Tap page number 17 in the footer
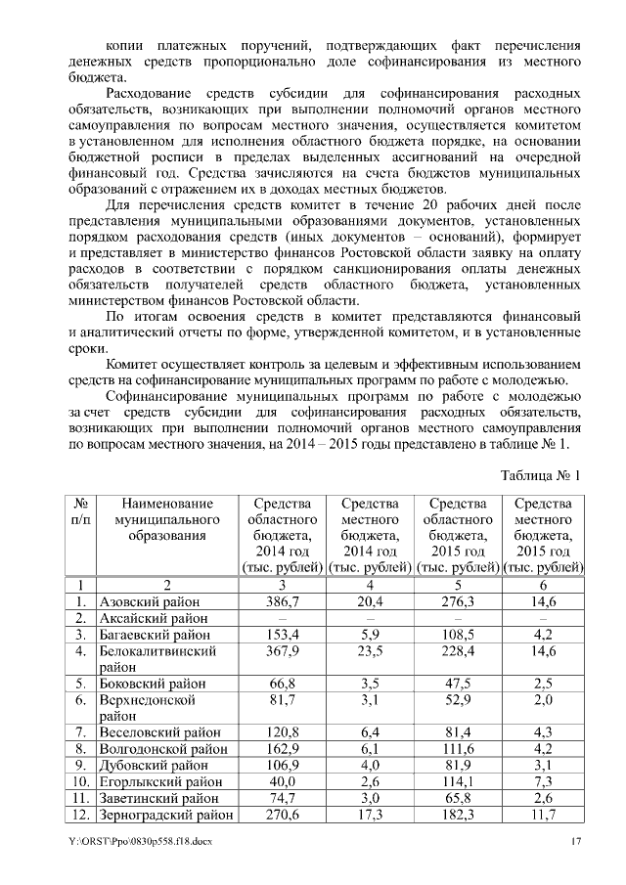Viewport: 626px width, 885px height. coord(576,842)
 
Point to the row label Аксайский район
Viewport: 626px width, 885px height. coord(155,618)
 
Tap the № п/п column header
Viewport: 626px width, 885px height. coord(82,510)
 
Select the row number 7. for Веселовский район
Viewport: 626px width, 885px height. coord(82,731)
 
